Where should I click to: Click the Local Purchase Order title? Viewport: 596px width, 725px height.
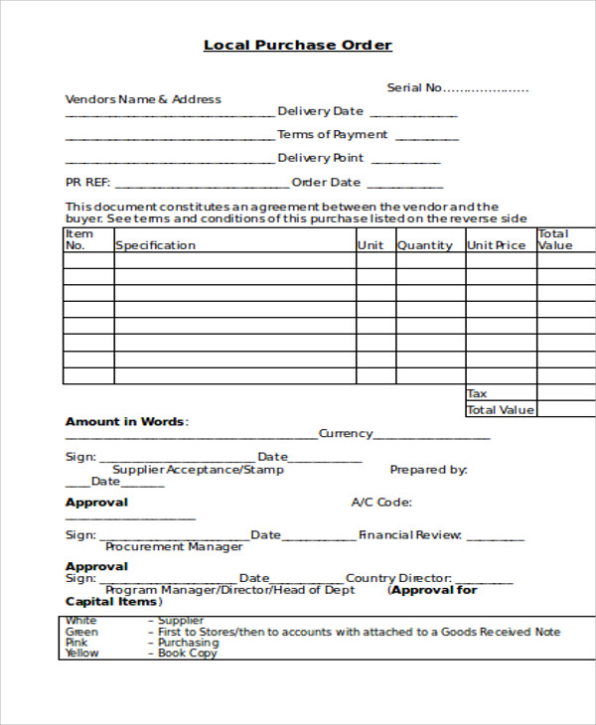298,45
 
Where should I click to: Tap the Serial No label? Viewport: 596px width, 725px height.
414,87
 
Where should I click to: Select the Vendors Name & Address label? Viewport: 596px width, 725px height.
143,99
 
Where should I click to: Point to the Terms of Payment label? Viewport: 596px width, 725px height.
333,135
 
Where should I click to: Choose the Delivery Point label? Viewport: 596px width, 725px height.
320,158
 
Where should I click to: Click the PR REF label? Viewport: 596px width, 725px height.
87,183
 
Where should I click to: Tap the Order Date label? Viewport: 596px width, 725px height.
326,183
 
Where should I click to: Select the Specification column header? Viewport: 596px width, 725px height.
156,245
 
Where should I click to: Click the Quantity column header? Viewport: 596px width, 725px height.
425,245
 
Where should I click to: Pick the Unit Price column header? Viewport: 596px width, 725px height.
497,245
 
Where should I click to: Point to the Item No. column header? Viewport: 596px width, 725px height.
75,239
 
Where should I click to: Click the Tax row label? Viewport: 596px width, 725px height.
478,394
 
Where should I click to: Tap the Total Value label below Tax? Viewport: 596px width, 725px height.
501,410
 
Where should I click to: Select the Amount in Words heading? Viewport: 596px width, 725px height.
125,422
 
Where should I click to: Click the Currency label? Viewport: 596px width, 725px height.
346,434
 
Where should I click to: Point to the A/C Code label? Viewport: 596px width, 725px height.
381,503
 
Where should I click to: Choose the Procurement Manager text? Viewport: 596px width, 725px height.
174,547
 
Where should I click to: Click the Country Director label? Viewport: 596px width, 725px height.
398,578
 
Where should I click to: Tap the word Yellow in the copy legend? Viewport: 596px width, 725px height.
82,653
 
